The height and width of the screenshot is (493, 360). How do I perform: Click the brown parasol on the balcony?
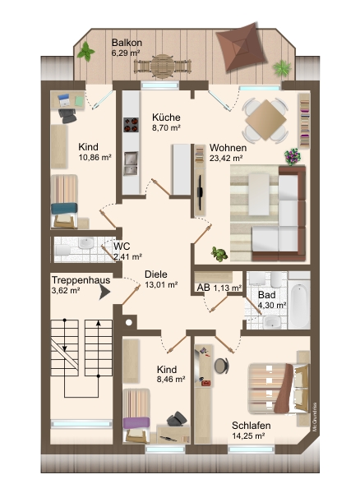click(242, 47)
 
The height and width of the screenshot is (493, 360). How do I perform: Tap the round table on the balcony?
click(162, 66)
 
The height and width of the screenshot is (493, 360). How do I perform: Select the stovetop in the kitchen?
click(132, 125)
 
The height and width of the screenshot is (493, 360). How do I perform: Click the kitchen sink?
click(131, 164)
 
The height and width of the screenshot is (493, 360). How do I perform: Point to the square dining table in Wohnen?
click(265, 120)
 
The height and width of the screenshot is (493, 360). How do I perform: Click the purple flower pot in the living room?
click(293, 157)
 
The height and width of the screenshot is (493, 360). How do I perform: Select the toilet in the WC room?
click(62, 251)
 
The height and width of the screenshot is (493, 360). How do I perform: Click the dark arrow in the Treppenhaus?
click(104, 292)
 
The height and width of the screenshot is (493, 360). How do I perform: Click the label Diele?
click(156, 274)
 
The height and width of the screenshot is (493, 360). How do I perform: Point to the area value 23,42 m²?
click(226, 158)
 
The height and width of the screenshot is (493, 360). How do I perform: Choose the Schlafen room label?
click(252, 426)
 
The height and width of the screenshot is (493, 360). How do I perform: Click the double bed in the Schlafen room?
click(279, 389)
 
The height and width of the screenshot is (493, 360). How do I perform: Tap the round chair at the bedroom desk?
click(222, 366)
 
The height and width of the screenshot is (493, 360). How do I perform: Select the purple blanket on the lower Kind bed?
click(136, 422)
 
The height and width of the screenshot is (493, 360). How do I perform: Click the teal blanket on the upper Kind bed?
click(64, 209)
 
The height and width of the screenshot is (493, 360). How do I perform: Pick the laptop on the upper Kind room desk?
click(64, 99)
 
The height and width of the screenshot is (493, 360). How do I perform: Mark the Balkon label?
click(127, 43)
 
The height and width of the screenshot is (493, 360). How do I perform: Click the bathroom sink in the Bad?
click(272, 321)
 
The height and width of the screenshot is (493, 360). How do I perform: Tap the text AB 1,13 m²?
click(219, 288)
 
